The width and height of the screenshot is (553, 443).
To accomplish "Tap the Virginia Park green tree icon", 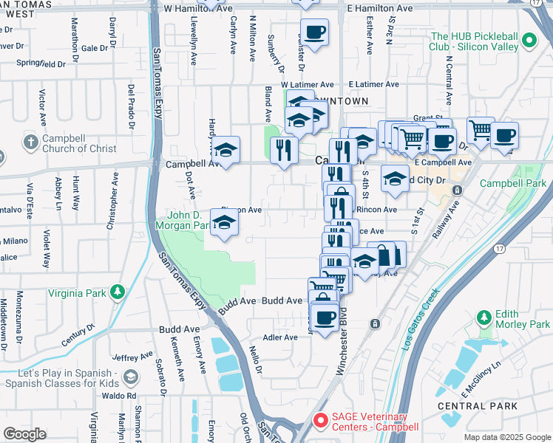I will (117, 293).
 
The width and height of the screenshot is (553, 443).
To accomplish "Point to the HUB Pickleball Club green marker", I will (528, 41).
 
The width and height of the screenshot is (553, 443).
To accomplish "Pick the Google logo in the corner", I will (24, 434).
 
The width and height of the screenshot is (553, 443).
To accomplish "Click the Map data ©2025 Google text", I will (506, 437).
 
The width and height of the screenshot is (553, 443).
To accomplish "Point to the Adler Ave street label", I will (280, 337).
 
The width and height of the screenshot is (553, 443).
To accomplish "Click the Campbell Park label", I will (512, 183).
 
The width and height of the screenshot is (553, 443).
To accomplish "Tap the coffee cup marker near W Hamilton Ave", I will (315, 32).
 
